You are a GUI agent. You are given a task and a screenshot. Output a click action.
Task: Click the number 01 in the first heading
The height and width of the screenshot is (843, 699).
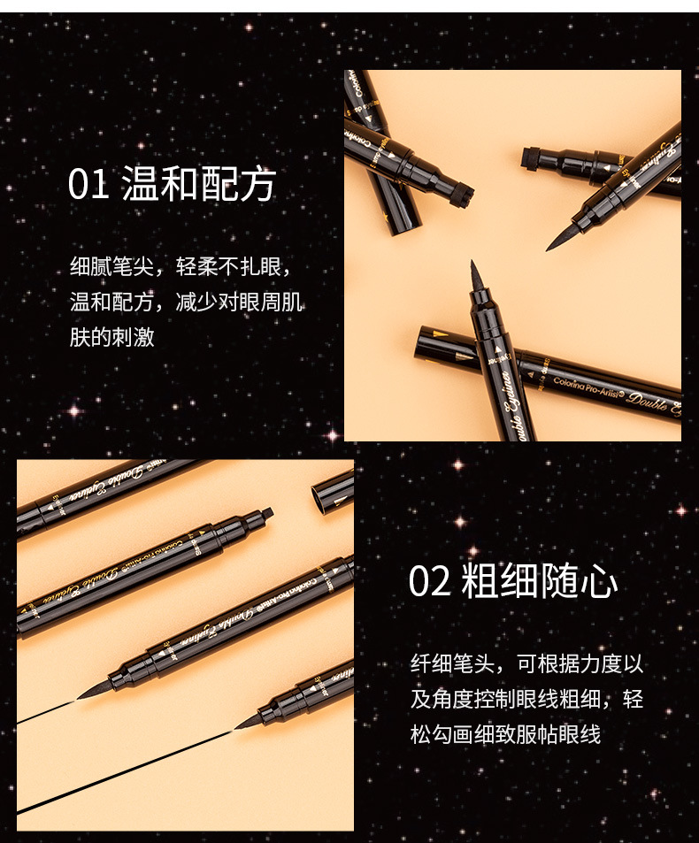(88, 184)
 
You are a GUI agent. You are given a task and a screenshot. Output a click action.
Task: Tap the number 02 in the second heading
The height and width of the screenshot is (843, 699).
(429, 582)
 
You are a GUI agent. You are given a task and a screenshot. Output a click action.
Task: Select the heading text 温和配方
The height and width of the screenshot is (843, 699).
(198, 184)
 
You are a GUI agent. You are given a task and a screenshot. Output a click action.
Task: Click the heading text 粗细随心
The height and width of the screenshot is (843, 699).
(540, 582)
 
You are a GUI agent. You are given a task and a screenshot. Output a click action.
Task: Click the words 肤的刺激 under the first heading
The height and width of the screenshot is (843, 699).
(112, 337)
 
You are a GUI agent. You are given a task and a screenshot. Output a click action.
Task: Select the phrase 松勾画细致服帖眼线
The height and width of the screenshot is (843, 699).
(505, 734)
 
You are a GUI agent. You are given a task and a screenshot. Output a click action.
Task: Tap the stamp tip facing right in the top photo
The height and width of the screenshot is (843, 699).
(461, 194)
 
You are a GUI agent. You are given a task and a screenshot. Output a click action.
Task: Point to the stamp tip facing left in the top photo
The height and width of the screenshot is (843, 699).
(533, 158)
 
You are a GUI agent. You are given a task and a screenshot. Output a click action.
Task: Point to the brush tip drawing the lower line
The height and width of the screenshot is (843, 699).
(248, 723)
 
